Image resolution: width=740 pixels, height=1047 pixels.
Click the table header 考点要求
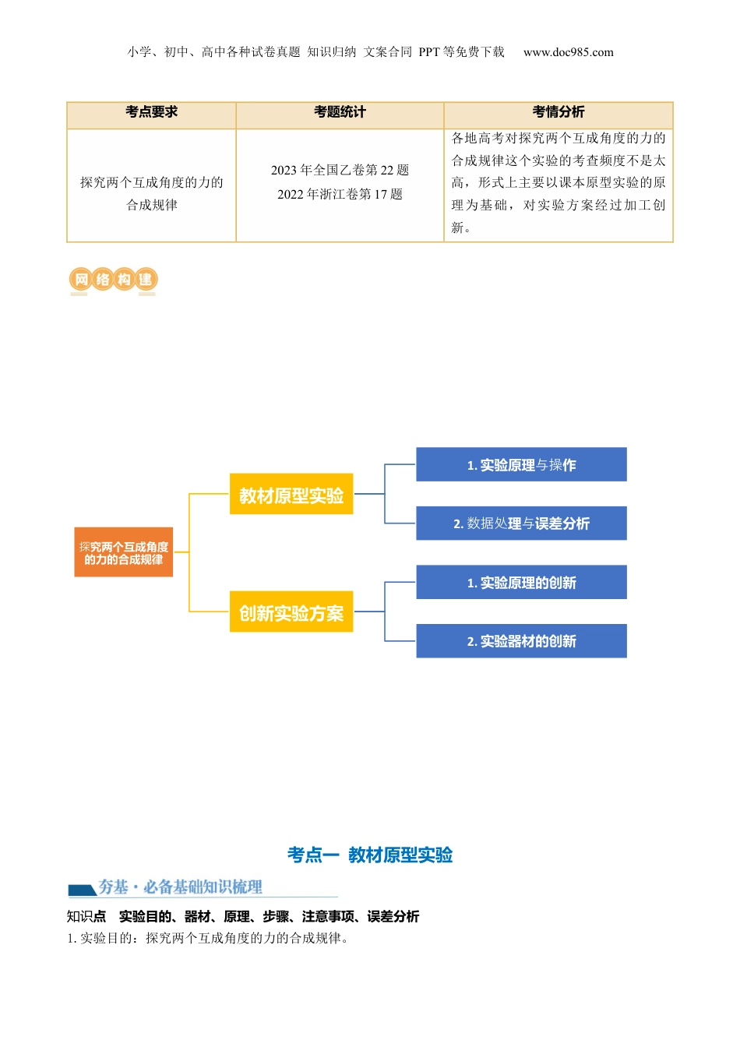[152, 112]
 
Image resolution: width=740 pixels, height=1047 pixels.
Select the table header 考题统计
[340, 112]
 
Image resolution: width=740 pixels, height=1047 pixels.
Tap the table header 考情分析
[559, 112]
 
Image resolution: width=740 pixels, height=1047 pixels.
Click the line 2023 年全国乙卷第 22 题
[340, 171]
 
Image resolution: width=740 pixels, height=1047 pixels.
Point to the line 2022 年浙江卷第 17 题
[340, 195]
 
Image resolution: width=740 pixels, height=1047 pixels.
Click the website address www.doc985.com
[569, 53]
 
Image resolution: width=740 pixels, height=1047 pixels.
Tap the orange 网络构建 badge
[113, 280]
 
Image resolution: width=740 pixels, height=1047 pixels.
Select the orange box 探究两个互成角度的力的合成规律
[124, 553]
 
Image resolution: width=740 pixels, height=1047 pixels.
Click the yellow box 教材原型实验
[291, 495]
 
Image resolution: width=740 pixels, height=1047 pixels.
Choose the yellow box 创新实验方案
[291, 612]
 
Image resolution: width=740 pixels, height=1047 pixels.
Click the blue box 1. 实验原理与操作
[521, 465]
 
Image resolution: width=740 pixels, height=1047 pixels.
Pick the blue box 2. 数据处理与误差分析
[521, 523]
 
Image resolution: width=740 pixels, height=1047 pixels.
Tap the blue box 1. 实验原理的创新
[521, 583]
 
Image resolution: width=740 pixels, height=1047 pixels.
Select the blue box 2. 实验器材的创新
[521, 641]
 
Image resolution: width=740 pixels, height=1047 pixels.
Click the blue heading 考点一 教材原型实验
[370, 855]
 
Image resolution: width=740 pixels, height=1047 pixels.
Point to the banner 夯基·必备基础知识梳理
[180, 887]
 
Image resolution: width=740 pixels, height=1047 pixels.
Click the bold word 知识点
[86, 917]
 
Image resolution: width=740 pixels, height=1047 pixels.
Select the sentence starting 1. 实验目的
[209, 939]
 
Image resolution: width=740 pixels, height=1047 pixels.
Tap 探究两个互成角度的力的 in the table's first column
[152, 183]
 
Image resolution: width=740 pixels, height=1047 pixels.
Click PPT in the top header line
[429, 53]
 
